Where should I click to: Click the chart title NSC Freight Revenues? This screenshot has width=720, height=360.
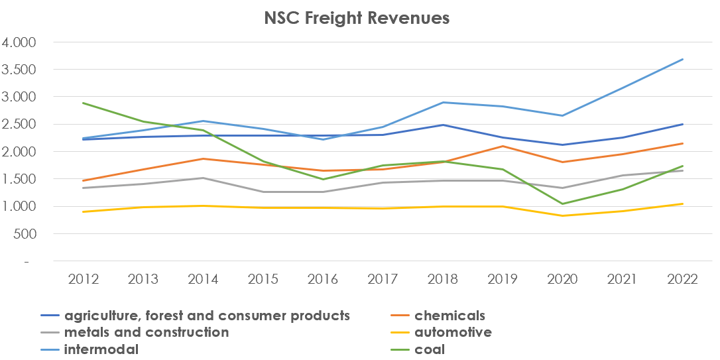point(356,18)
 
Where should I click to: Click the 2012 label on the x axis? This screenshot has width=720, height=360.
point(84,279)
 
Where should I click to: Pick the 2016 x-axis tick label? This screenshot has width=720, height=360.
point(323,279)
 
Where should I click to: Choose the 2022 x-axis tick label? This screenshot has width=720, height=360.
point(683,279)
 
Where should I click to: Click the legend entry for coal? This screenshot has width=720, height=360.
point(429,349)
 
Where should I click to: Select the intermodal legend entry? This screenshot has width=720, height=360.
point(101,349)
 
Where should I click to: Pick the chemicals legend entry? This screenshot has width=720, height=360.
point(450,316)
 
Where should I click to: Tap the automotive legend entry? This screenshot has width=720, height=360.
point(453,332)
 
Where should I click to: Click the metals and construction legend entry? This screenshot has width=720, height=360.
point(146,332)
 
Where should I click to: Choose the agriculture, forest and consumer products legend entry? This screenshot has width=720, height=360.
point(206,316)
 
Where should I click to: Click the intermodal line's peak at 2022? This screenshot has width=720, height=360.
point(683,60)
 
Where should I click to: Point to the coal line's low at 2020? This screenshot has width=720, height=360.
point(563,204)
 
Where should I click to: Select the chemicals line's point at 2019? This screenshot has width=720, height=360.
point(503,147)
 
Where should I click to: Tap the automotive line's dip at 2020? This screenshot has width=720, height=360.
point(563,215)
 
